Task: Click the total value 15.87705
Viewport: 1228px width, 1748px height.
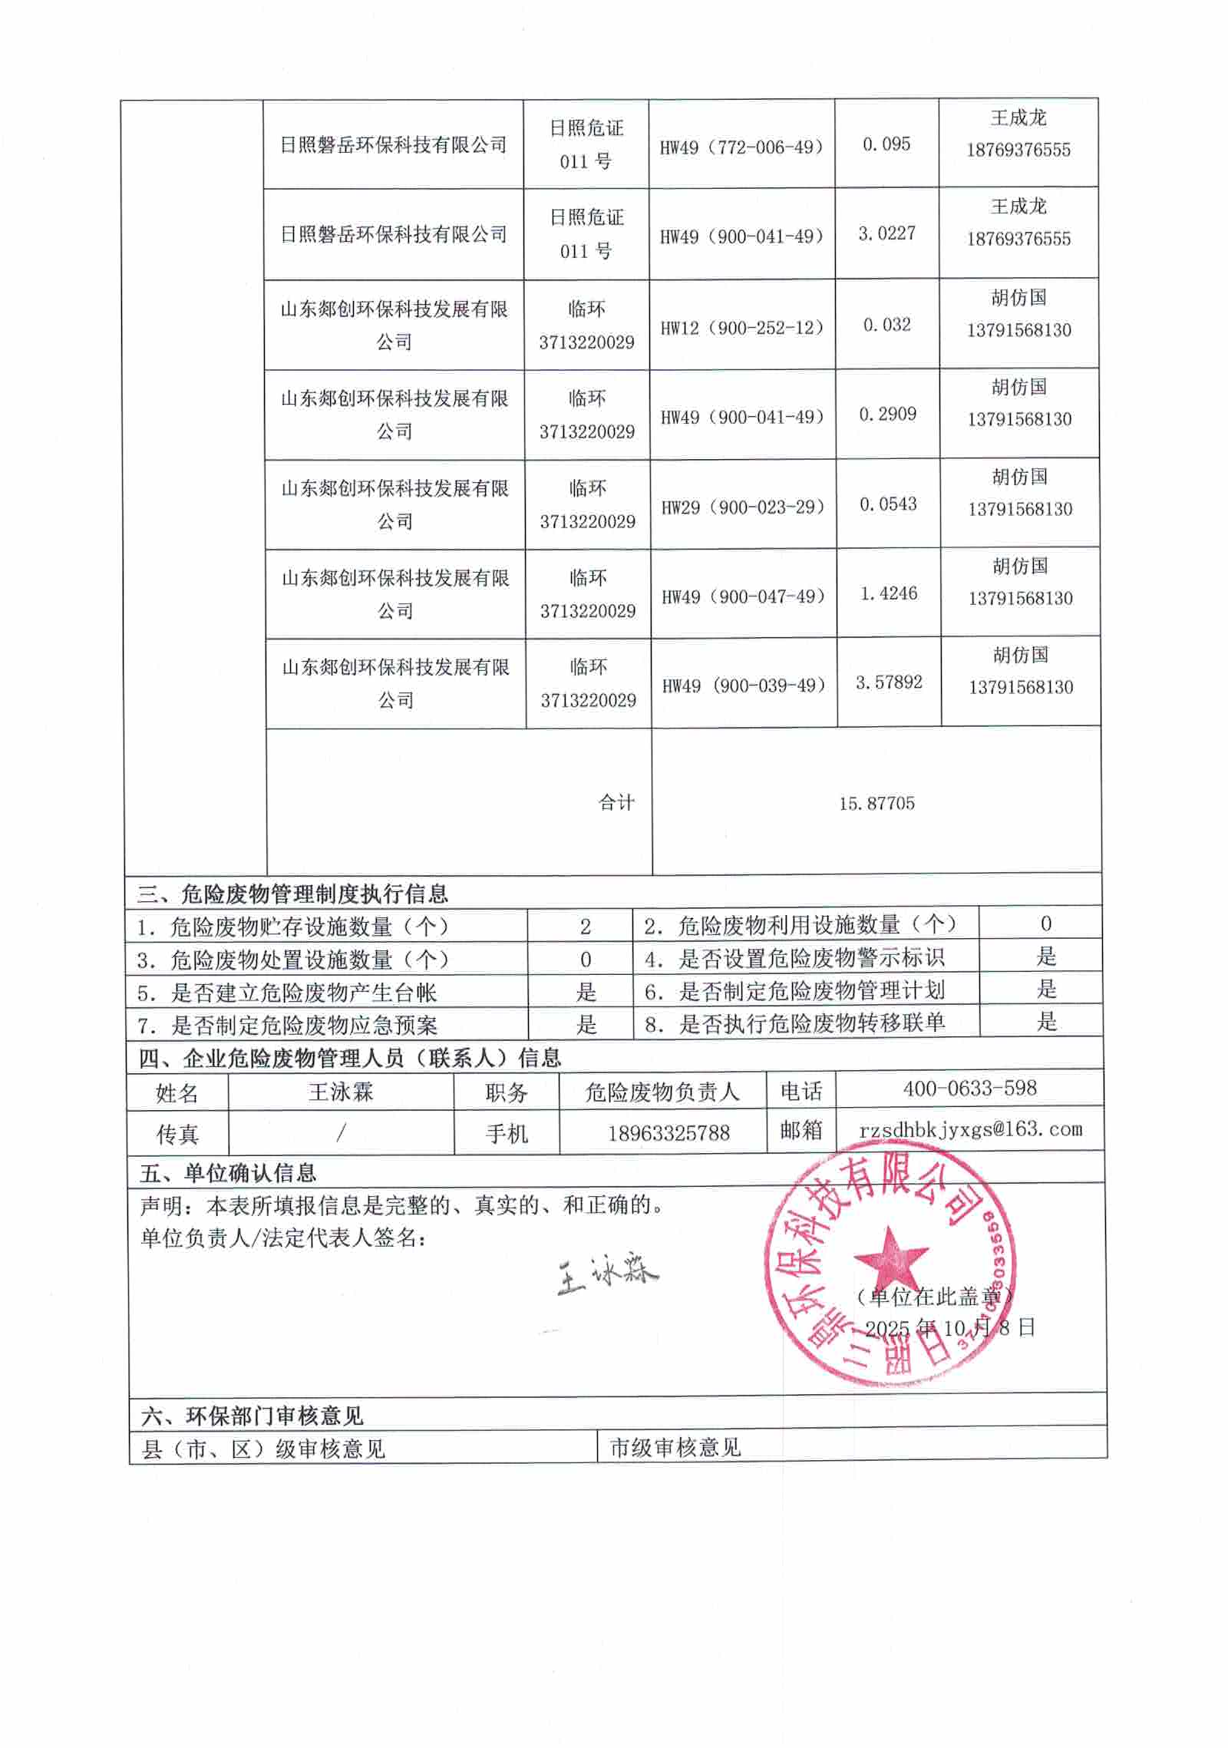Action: (x=876, y=804)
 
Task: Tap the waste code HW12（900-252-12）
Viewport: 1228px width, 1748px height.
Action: (x=742, y=328)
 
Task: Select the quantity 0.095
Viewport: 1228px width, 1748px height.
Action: (x=886, y=144)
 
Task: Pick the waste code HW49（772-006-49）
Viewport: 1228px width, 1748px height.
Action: (x=741, y=147)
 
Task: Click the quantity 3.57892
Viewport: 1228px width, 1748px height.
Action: (x=889, y=682)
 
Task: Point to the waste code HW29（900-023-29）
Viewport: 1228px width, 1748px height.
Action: (x=743, y=507)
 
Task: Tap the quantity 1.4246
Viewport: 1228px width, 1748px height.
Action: (x=889, y=593)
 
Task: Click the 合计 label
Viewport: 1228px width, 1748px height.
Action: (x=616, y=803)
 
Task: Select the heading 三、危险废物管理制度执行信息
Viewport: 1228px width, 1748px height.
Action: (x=292, y=894)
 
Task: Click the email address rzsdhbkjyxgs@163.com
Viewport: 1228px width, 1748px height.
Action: (x=971, y=1129)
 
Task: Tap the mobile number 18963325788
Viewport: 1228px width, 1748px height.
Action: (x=668, y=1133)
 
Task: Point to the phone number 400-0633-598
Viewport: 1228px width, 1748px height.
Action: (x=969, y=1088)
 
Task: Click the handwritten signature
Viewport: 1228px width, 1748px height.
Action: (x=607, y=1275)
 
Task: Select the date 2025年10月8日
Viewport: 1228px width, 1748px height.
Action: (x=950, y=1328)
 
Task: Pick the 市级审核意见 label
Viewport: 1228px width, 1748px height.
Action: (x=675, y=1448)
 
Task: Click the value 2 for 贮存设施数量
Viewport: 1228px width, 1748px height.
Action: (x=586, y=927)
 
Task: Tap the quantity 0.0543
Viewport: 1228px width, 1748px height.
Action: (x=888, y=504)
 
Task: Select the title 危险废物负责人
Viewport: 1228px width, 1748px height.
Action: (x=662, y=1092)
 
